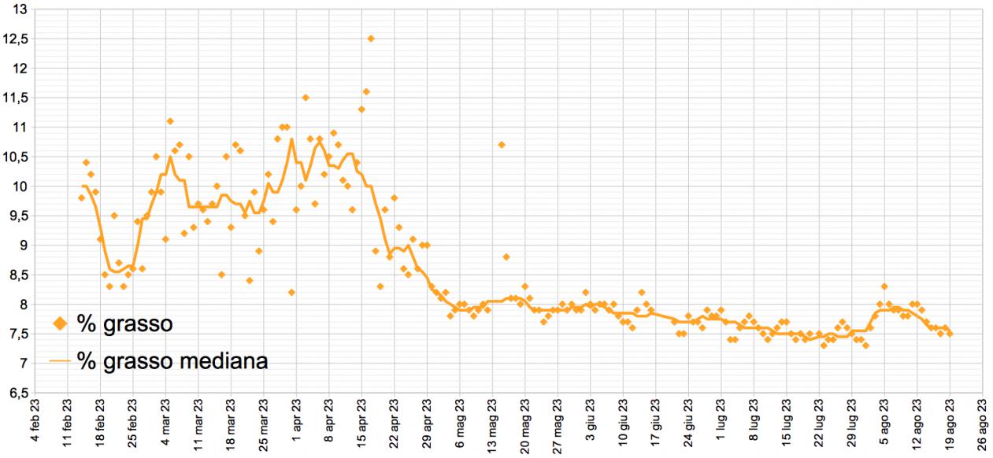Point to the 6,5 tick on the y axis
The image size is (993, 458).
17,393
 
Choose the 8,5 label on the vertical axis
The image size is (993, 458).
17,275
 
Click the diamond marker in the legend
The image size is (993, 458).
61,323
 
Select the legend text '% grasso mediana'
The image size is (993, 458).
172,361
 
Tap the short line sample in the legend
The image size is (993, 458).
61,361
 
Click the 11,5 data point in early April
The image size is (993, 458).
306,98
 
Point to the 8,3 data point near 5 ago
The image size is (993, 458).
884,286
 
